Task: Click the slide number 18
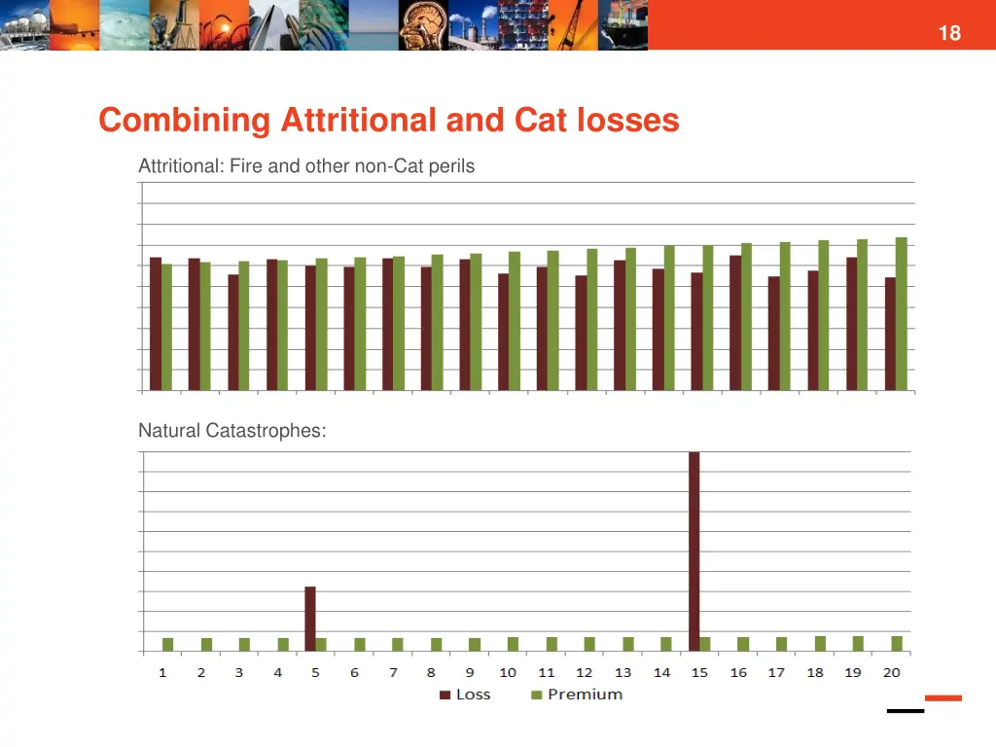click(x=948, y=33)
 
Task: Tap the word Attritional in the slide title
click(x=358, y=121)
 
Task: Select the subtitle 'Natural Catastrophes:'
click(x=231, y=430)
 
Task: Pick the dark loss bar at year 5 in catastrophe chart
click(x=310, y=619)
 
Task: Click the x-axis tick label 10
click(x=508, y=672)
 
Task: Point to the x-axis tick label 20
click(x=891, y=672)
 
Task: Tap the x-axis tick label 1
click(x=162, y=672)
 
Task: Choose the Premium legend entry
click(x=577, y=694)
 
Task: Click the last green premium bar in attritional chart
click(x=901, y=313)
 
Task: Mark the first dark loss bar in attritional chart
click(x=156, y=323)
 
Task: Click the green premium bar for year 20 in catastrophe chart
click(x=897, y=643)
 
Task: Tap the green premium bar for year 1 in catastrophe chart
click(x=167, y=644)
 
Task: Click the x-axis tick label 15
click(x=699, y=672)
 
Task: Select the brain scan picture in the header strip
click(x=423, y=24)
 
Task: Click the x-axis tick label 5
click(x=316, y=672)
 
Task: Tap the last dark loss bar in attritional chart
click(x=890, y=334)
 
